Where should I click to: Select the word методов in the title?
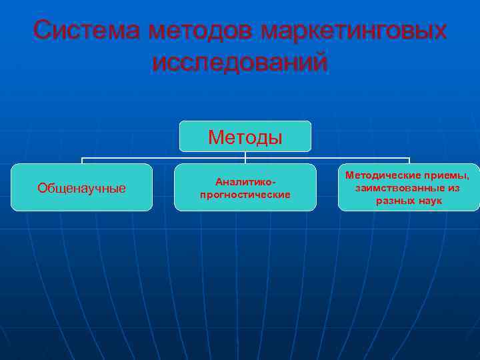tap(203, 31)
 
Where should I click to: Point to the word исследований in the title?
tap(240, 63)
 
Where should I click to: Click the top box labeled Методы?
tap(245, 137)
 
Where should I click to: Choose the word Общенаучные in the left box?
tap(81, 188)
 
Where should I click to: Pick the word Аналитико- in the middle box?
tap(245, 181)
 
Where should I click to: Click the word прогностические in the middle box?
tap(245, 195)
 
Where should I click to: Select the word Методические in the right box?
tap(383, 175)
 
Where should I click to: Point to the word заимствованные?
tap(396, 188)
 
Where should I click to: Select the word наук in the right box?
tap(429, 201)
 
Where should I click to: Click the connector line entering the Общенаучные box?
tap(81, 161)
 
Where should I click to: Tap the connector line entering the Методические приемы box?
tap(409, 161)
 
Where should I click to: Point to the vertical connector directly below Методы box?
tap(245, 155)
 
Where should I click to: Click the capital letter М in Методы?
tap(215, 137)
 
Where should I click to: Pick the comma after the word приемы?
tap(468, 178)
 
